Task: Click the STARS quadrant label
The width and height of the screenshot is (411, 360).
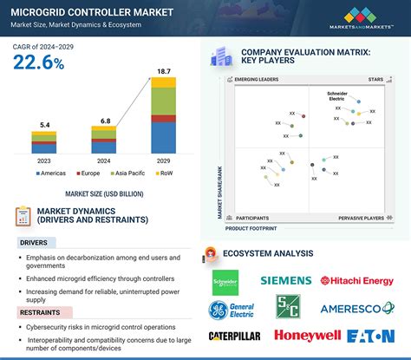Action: tap(375, 79)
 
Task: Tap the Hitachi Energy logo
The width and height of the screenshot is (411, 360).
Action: tap(362, 280)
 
